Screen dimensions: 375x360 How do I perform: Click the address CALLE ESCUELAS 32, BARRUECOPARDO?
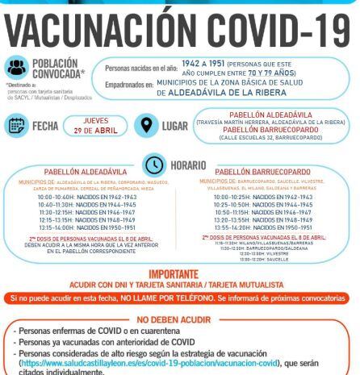pyautogui.click(x=268, y=137)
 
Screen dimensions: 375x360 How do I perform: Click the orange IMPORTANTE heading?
pyautogui.click(x=179, y=274)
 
